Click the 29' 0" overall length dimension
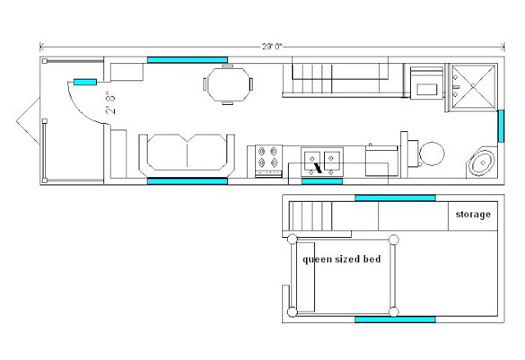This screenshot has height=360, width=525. (272, 47)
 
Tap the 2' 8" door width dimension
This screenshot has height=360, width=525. (112, 103)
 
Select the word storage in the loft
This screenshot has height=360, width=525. (472, 215)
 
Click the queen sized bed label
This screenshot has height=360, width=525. (341, 259)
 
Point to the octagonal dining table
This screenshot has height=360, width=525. (228, 84)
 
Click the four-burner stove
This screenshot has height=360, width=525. (268, 161)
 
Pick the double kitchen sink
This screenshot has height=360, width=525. (322, 162)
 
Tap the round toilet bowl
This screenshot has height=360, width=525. (432, 154)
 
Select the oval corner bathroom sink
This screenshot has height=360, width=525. (482, 162)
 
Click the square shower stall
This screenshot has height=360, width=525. (472, 86)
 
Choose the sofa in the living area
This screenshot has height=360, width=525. (186, 155)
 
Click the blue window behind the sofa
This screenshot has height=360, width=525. (187, 181)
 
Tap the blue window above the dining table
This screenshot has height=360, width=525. (187, 60)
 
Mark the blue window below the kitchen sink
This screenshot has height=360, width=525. (322, 181)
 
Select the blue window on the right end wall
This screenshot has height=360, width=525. (501, 125)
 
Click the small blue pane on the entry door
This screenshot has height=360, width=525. (85, 82)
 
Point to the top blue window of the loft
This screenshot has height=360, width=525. (395, 198)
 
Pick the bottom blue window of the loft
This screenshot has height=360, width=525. (395, 320)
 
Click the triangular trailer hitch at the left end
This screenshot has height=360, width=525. (28, 121)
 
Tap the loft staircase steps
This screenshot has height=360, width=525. (310, 216)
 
